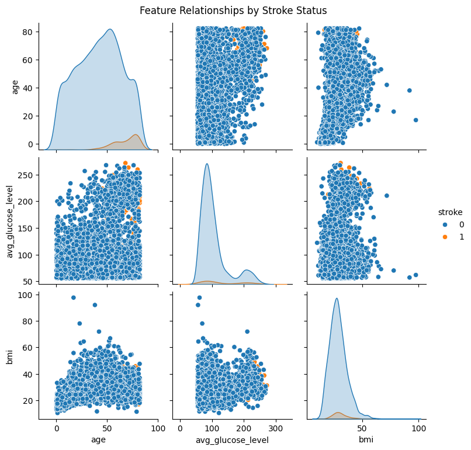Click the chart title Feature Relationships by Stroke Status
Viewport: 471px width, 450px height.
[x=233, y=11]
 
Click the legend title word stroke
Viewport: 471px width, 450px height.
[x=450, y=212]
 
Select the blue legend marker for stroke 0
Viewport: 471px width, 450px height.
[x=445, y=224]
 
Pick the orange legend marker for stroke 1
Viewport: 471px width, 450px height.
[x=445, y=237]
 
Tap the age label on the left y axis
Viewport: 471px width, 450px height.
[x=15, y=87]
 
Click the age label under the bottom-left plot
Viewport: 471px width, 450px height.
[x=98, y=440]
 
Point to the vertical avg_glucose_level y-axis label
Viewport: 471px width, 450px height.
[x=10, y=221]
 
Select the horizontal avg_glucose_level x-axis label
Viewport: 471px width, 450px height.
[x=232, y=441]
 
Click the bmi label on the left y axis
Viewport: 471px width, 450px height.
[x=9, y=357]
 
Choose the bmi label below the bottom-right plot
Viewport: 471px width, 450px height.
[x=366, y=439]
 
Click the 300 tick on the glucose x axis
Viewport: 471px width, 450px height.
[x=276, y=428]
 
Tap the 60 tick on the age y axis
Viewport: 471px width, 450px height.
[x=27, y=60]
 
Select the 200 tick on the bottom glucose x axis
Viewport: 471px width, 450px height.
[x=244, y=428]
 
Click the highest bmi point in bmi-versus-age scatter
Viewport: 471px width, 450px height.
[x=73, y=297]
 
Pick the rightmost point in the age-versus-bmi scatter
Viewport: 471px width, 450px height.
[x=415, y=120]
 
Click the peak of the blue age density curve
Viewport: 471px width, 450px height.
[x=110, y=29]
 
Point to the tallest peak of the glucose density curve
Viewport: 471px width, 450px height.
[x=207, y=164]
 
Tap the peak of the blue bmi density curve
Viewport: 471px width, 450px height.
[x=337, y=298]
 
